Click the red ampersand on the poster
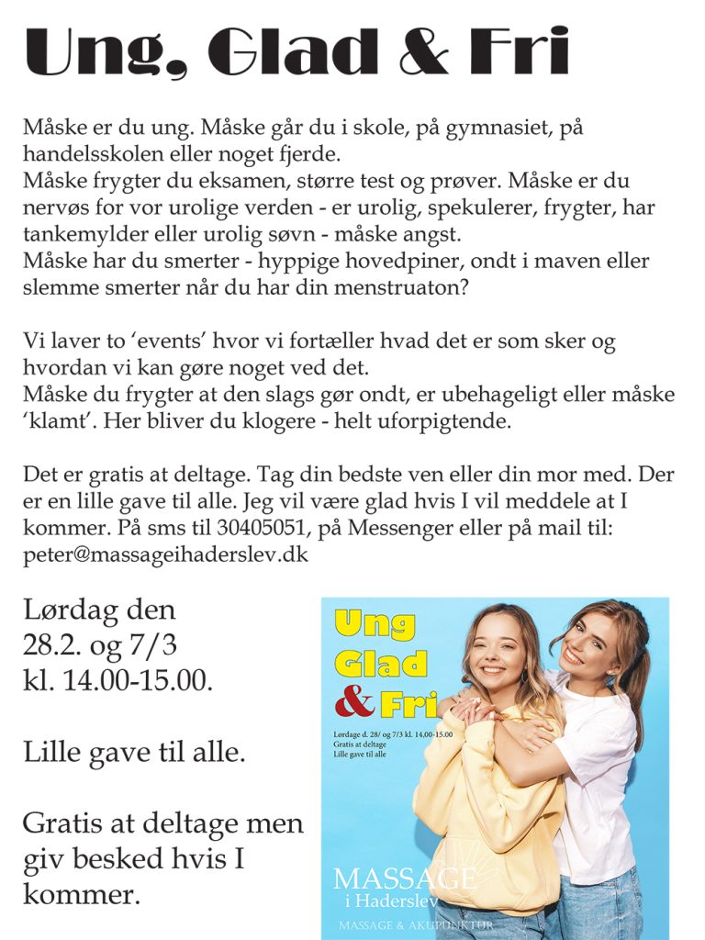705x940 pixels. (x=353, y=704)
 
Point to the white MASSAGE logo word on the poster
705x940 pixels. (x=404, y=878)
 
